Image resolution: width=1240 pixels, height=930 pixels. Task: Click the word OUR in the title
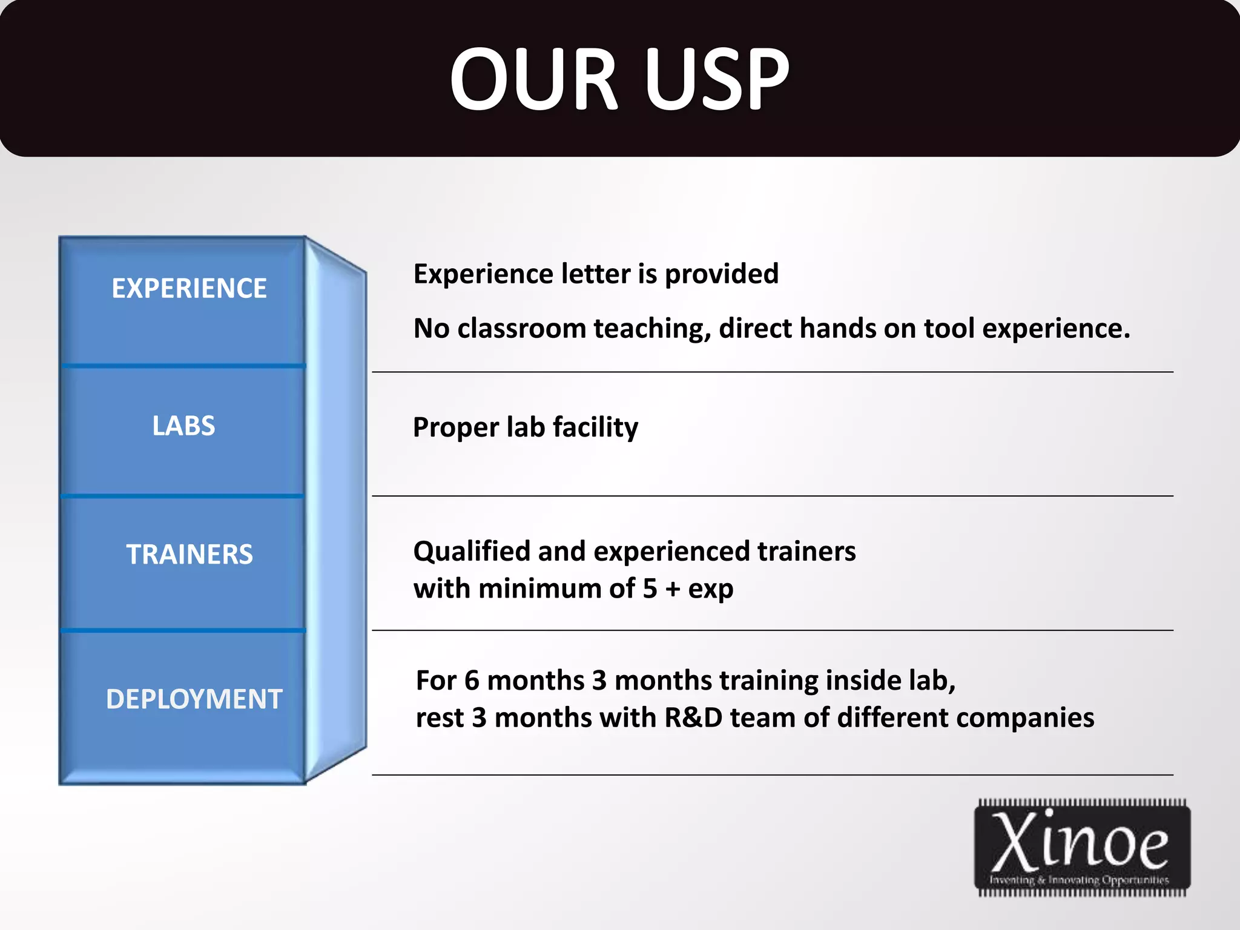point(533,79)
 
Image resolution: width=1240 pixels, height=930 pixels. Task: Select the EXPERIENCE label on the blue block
point(189,288)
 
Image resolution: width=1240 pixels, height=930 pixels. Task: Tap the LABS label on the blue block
point(183,426)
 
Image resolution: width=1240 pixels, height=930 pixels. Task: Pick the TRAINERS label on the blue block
point(190,554)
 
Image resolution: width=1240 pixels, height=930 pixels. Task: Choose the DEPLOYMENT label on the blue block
point(194,699)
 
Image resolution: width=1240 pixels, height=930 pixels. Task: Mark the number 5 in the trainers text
point(650,589)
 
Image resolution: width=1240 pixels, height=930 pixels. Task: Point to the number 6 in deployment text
point(472,681)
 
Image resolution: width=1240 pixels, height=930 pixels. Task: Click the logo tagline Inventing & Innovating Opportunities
point(1080,880)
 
